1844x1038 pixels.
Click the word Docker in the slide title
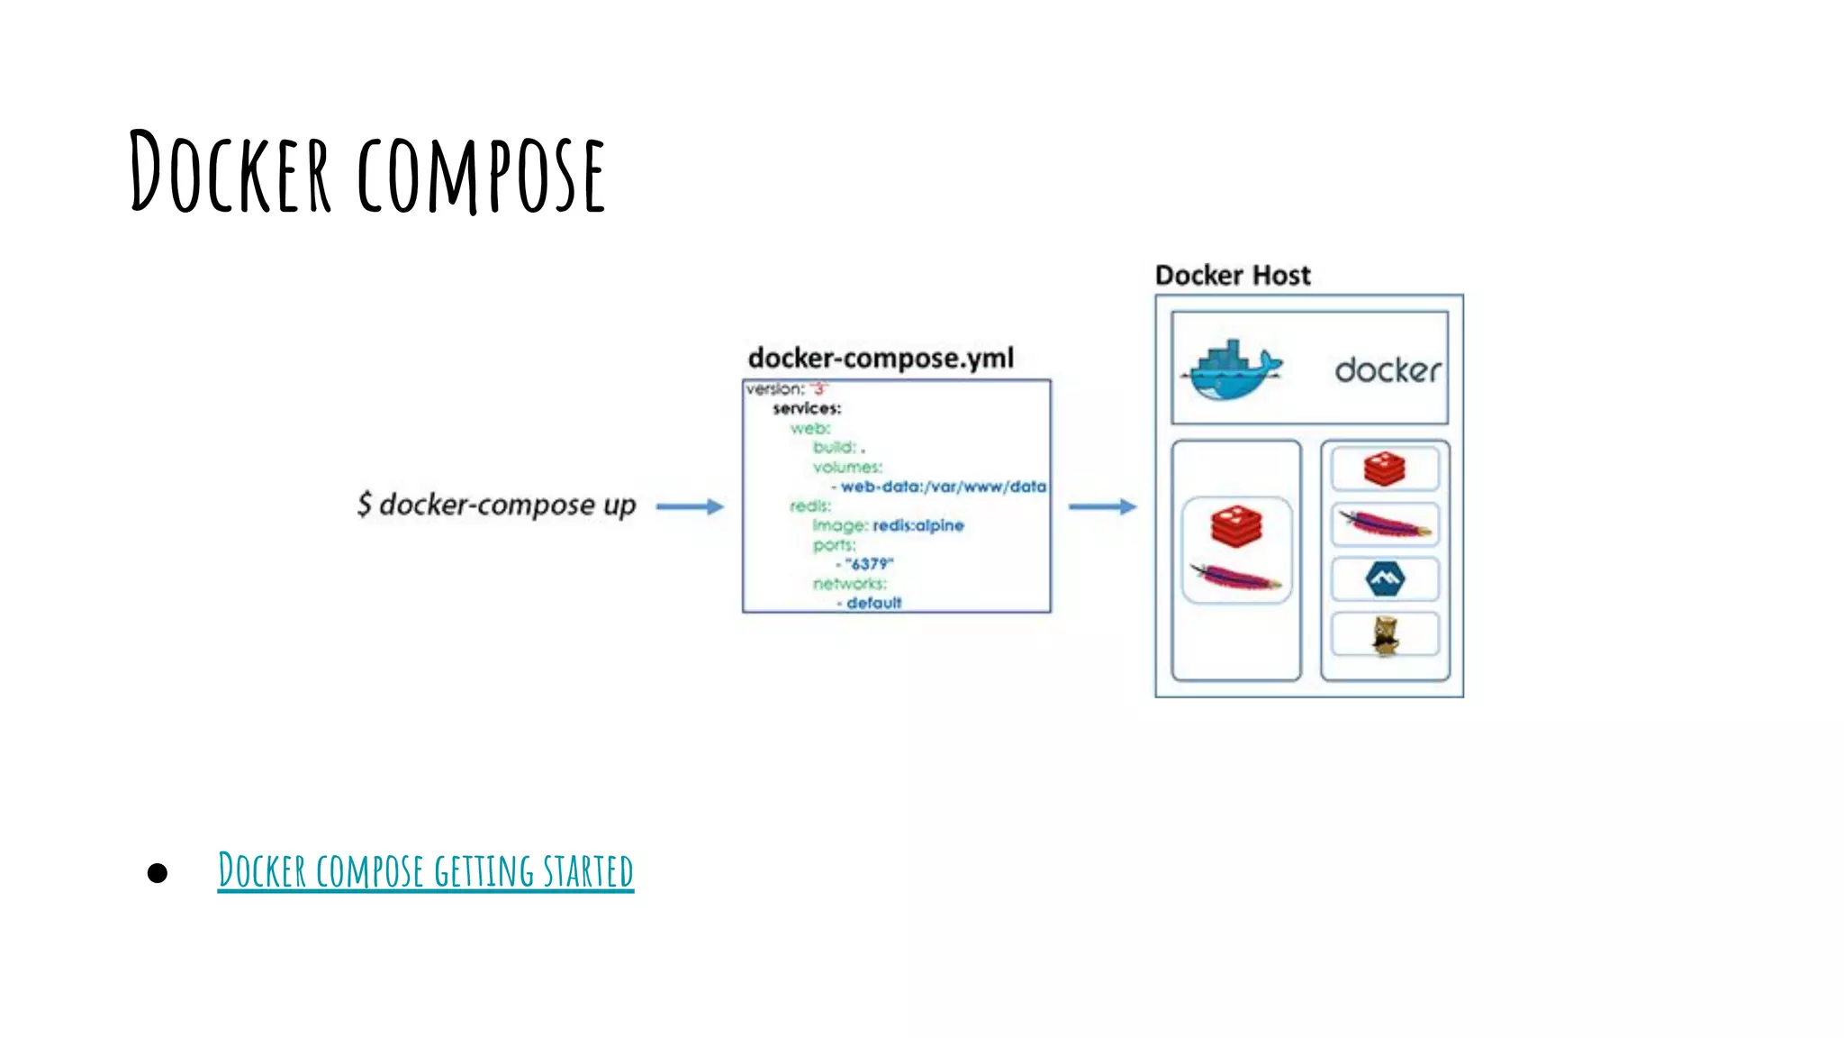click(x=230, y=171)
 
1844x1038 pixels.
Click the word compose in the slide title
click(x=481, y=173)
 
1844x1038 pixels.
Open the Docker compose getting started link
click(x=425, y=870)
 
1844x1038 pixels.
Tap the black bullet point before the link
click(x=158, y=872)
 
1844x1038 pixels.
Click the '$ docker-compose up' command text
click(x=496, y=505)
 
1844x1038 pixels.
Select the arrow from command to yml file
click(x=690, y=506)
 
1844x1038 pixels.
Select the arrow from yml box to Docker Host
click(x=1102, y=506)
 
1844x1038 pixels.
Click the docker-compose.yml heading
click(x=881, y=358)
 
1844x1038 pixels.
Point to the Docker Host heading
click(x=1232, y=275)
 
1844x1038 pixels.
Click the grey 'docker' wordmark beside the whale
click(x=1387, y=370)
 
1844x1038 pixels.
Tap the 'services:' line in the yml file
click(x=807, y=408)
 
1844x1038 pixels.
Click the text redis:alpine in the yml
click(x=917, y=525)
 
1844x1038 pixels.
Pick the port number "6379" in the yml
click(x=869, y=564)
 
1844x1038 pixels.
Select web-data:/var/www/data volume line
click(x=942, y=487)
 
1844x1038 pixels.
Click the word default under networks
click(x=873, y=603)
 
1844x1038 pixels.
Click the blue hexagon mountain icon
click(x=1385, y=578)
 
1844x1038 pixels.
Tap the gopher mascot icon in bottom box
click(x=1385, y=635)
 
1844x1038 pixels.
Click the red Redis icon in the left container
click(x=1236, y=526)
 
